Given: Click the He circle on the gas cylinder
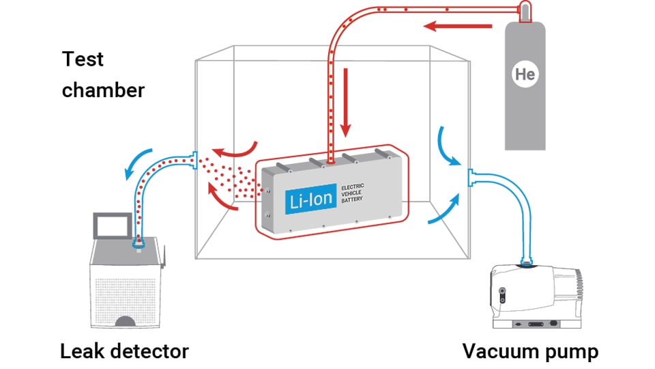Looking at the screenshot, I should (x=525, y=74).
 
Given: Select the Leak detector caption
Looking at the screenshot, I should (x=124, y=351).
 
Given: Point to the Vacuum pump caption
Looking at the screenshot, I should (x=530, y=351).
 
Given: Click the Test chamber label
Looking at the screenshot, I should (x=102, y=74).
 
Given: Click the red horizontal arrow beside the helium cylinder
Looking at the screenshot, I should (x=458, y=27).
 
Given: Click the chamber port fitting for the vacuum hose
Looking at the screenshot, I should (x=469, y=179).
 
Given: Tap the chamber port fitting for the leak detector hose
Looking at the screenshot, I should (x=195, y=161).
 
